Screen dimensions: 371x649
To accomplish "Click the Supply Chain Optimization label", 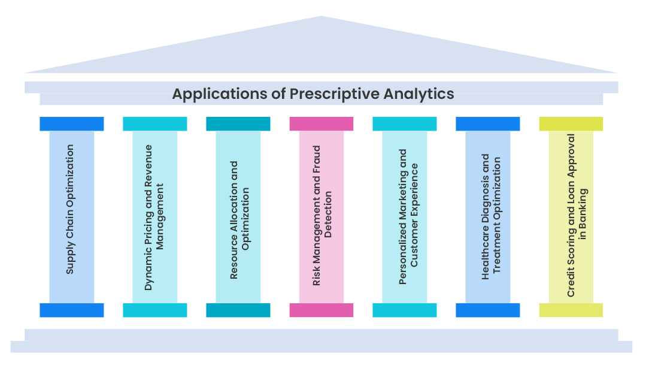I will click(x=71, y=209).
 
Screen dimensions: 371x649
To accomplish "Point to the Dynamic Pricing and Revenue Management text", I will click(x=154, y=217).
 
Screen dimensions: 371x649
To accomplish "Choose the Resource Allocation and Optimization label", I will click(x=238, y=220).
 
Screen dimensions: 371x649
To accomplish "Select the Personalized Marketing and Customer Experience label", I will click(x=405, y=217).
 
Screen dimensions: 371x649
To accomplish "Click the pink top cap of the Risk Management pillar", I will click(x=322, y=123).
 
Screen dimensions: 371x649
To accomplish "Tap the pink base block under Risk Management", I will click(x=322, y=310).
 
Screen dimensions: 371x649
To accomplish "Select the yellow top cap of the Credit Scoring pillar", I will click(x=571, y=123).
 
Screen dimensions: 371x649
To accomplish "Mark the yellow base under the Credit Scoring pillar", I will click(x=571, y=310).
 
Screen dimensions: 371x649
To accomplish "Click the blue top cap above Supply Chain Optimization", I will click(x=71, y=123).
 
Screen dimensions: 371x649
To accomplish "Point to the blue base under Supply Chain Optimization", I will click(x=71, y=310).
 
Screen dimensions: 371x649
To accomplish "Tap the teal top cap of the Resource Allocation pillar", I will click(x=238, y=123).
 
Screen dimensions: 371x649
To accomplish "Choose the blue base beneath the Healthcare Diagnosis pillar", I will click(x=487, y=310).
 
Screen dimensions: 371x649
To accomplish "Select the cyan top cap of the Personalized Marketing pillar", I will click(x=404, y=123).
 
